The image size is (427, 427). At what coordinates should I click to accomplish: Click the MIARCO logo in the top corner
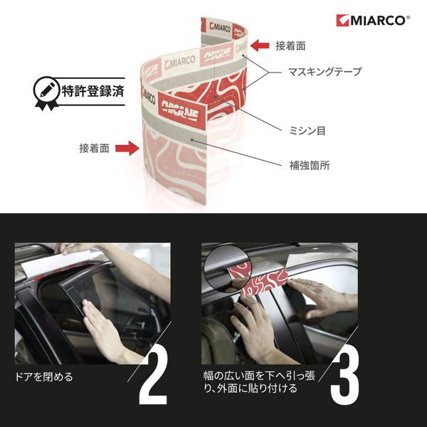pos(373,21)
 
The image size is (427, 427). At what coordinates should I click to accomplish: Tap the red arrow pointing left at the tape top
pos(260,46)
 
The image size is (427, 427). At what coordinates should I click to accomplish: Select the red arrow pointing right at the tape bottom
pos(127,149)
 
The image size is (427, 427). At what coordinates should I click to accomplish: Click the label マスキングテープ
pos(325,72)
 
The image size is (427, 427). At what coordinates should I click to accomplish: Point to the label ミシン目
pos(307,131)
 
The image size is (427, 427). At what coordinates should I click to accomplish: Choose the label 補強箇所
pos(310,165)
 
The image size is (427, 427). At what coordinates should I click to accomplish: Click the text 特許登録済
pos(93,91)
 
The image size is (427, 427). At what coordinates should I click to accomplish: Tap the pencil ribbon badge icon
pos(46,93)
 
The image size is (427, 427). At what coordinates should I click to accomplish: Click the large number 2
pos(153,378)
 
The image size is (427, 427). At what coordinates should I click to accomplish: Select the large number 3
pos(345,378)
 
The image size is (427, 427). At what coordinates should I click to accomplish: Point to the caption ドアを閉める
pos(44,377)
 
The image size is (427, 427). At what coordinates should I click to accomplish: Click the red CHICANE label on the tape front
pos(181,110)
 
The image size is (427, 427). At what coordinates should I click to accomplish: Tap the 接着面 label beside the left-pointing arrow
pos(290,46)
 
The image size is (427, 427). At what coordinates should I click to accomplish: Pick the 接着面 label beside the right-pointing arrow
pos(94,149)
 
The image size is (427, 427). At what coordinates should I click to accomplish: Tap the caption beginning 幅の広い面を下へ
pos(259,382)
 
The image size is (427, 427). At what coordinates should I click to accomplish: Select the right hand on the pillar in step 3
pos(322,297)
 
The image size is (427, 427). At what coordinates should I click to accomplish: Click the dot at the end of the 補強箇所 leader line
pos(192,140)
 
